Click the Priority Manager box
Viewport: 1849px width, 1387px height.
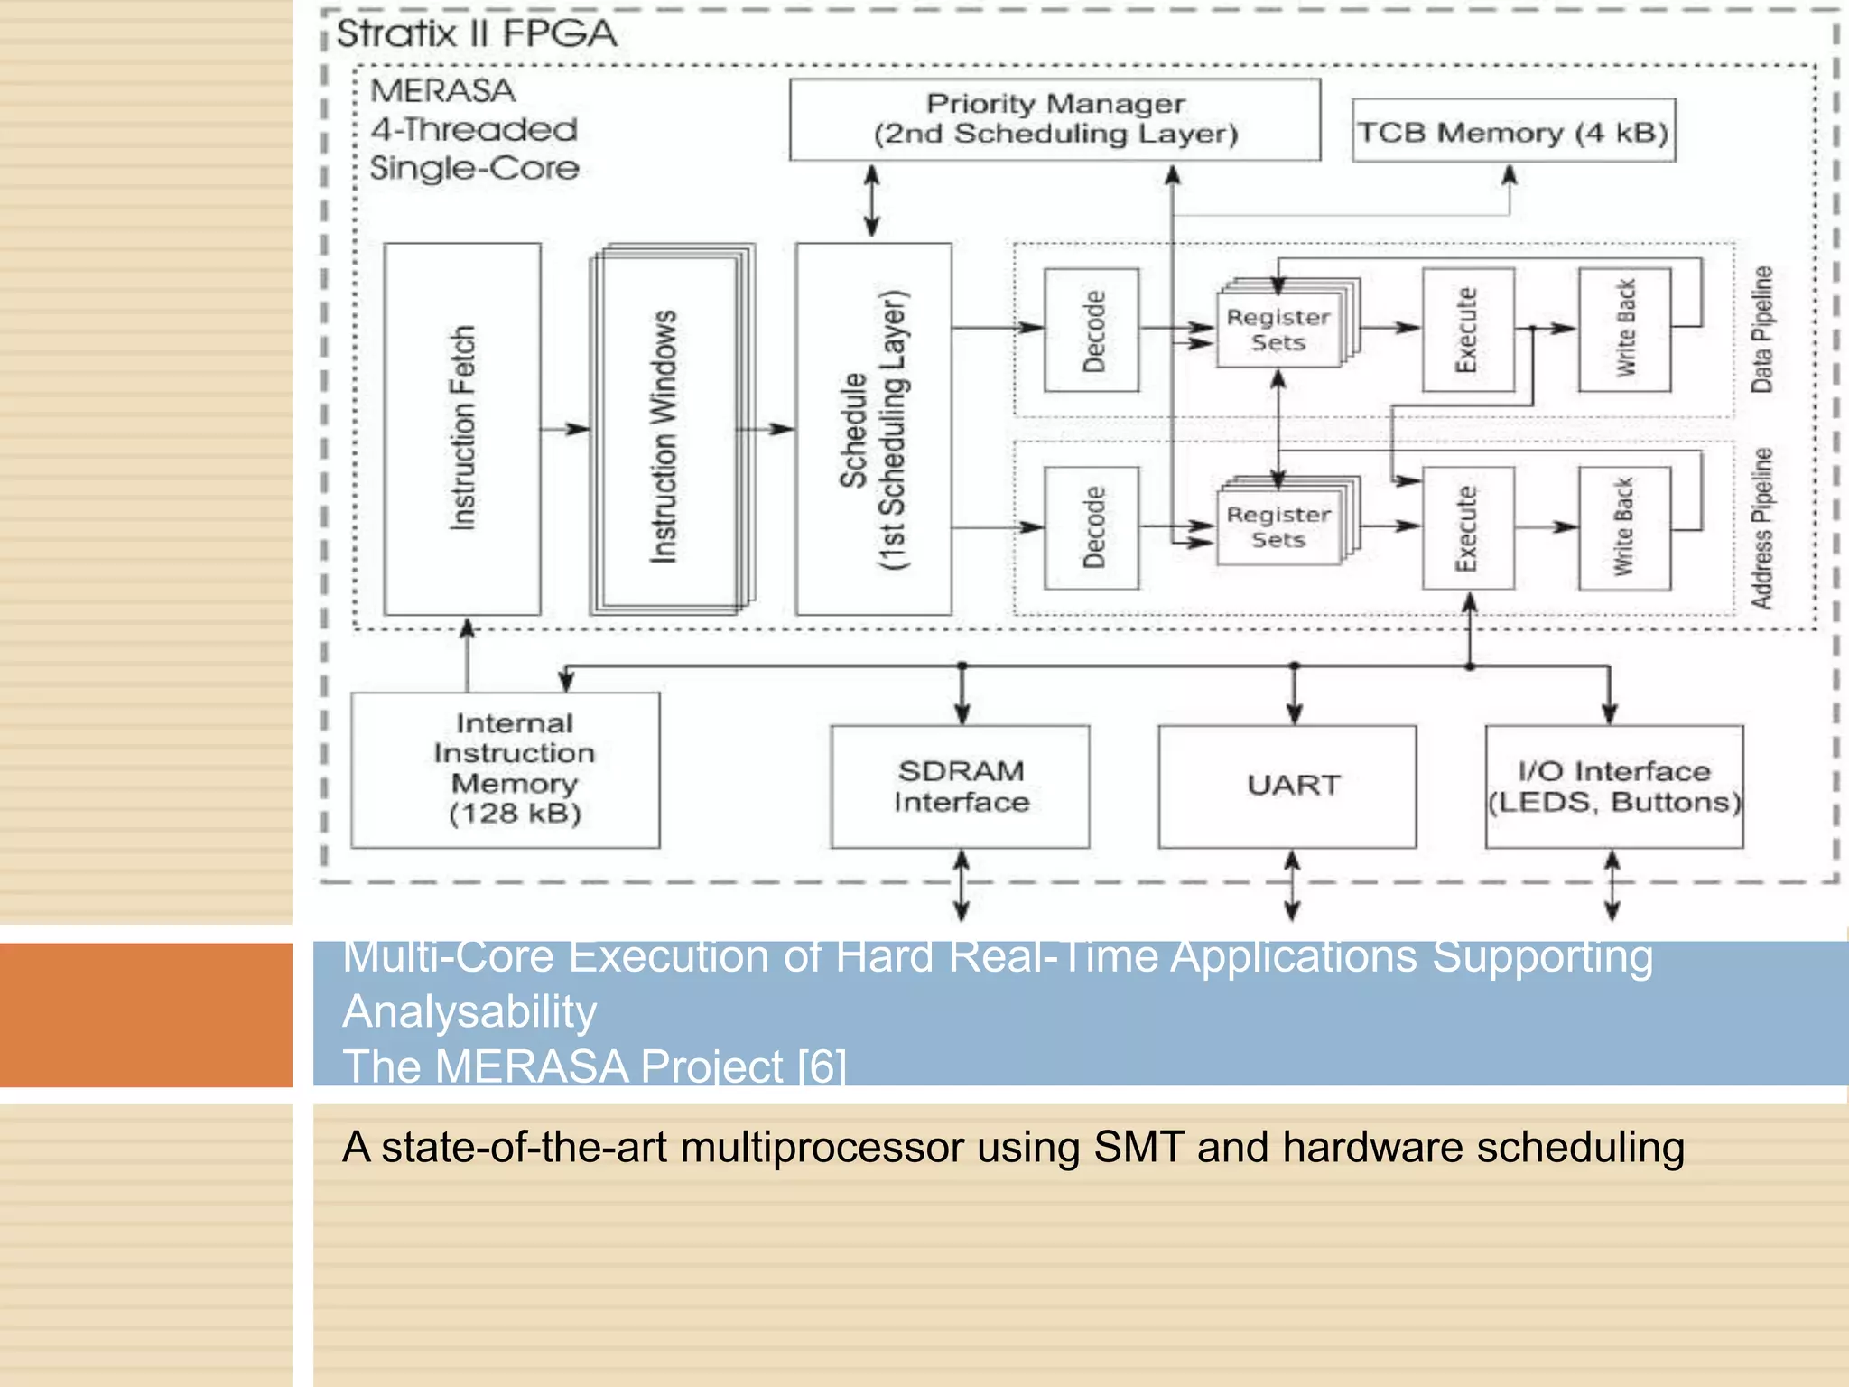[x=1055, y=119]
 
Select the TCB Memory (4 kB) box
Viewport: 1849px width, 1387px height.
[x=1513, y=132]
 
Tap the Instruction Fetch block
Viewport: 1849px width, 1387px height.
[x=462, y=429]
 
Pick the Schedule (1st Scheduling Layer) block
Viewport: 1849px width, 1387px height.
[x=873, y=429]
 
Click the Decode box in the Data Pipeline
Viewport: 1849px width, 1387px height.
[x=1092, y=330]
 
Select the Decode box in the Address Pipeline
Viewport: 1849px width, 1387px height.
[x=1092, y=528]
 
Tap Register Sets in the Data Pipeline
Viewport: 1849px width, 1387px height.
[x=1278, y=330]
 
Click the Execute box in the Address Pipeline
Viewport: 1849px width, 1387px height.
[x=1468, y=528]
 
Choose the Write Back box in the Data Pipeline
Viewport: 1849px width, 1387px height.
[x=1624, y=330]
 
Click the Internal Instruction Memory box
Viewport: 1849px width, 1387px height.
[x=506, y=769]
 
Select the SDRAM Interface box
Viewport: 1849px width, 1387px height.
[x=961, y=787]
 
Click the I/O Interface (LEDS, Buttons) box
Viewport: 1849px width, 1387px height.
[x=1614, y=787]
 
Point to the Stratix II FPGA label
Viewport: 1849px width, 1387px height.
[x=477, y=34]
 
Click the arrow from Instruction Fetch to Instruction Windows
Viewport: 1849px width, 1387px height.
[x=566, y=429]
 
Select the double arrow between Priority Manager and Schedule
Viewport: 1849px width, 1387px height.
[x=871, y=200]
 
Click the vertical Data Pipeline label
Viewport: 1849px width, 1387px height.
[x=1761, y=330]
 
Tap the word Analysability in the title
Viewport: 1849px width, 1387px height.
[x=469, y=1011]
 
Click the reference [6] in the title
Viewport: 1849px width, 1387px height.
[x=822, y=1066]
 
